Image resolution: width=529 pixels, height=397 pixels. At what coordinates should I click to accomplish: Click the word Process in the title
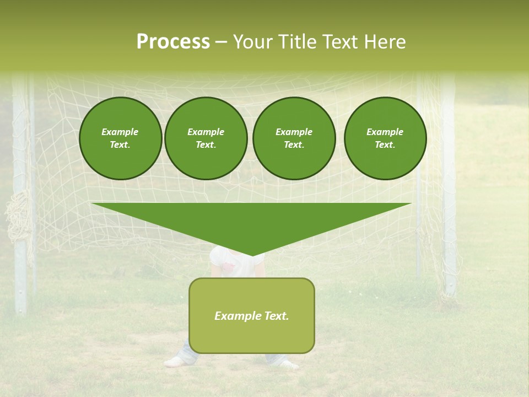[x=173, y=42]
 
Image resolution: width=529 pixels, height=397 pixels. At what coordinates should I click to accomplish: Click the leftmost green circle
[x=120, y=138]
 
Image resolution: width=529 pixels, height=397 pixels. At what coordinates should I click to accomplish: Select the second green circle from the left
[x=206, y=138]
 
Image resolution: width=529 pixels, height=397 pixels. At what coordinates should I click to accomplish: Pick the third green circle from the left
[x=294, y=138]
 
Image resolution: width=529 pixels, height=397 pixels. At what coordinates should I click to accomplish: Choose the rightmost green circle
[x=385, y=138]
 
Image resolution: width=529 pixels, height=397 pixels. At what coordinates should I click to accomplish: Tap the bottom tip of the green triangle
[x=252, y=255]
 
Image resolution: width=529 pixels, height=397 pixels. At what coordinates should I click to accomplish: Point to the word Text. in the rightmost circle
[x=385, y=145]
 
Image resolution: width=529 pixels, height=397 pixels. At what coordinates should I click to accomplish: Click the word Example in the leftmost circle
[x=120, y=132]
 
